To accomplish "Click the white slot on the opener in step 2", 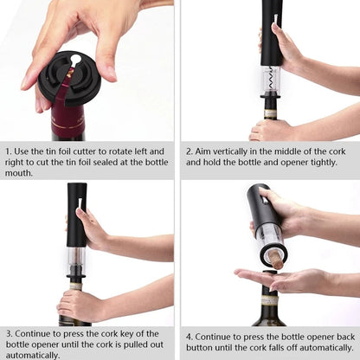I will pyautogui.click(x=274, y=19).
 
